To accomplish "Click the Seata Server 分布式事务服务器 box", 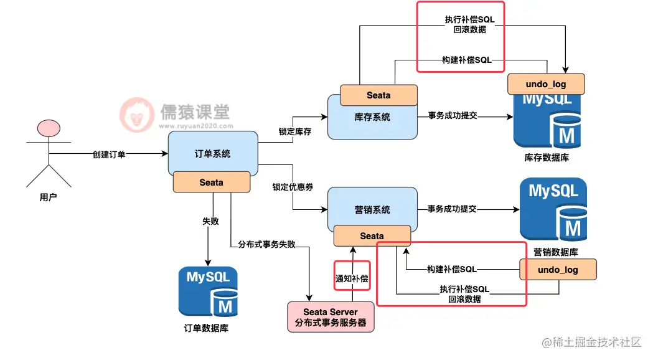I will [330, 317].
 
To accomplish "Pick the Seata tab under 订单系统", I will [211, 182].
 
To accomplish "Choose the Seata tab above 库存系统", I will [378, 95].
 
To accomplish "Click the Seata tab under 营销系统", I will [372, 236].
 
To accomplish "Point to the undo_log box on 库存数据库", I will [546, 83].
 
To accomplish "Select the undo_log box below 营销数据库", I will [558, 270].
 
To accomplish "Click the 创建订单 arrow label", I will [109, 154].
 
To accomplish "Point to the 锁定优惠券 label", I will [293, 187].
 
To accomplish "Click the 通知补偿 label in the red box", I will [352, 278].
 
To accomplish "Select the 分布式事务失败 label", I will [266, 245].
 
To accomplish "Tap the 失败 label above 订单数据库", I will [210, 221].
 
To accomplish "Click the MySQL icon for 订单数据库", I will [208, 291].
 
